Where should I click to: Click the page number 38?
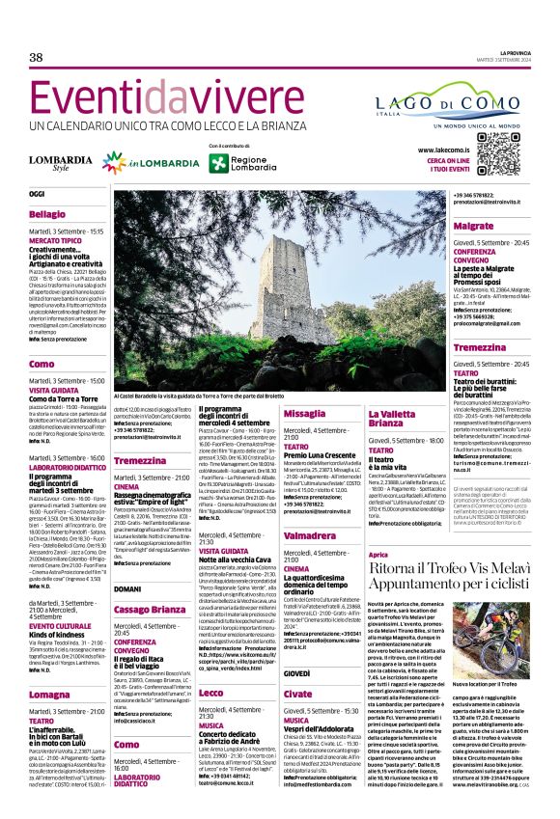[37, 57]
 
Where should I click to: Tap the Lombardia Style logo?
[61, 161]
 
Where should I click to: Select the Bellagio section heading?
[48, 213]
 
